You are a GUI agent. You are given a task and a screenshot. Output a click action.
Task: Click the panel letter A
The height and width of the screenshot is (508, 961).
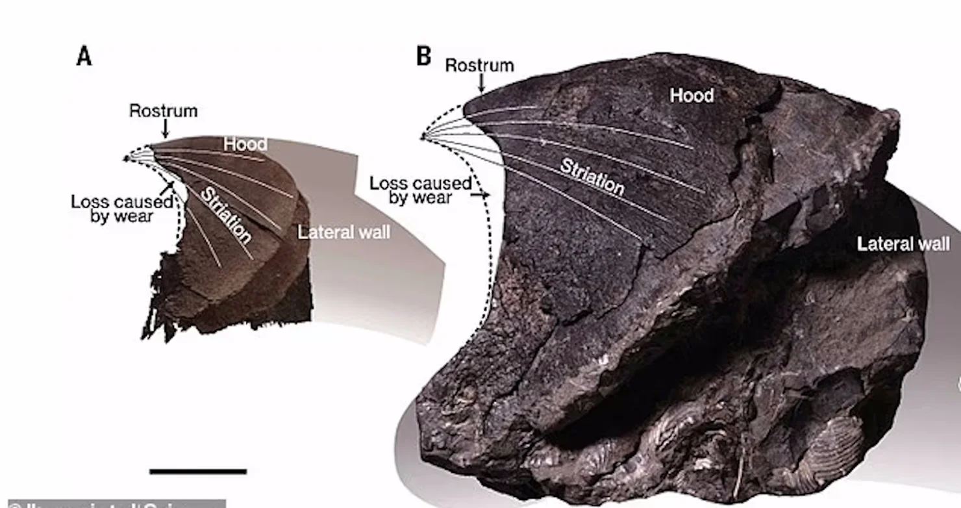(84, 57)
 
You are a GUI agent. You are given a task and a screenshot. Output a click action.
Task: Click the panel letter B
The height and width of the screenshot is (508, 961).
(423, 57)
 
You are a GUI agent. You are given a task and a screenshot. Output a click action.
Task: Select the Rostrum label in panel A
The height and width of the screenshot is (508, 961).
(163, 110)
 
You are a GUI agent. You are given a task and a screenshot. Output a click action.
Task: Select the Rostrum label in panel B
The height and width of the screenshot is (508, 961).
(479, 66)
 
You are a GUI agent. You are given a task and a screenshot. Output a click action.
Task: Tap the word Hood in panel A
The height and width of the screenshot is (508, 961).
(245, 144)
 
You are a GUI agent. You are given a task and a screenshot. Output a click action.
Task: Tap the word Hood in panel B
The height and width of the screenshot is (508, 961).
(692, 95)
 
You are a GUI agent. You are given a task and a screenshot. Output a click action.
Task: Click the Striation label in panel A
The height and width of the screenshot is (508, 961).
(225, 214)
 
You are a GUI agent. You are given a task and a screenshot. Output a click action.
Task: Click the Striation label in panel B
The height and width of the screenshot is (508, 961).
(592, 176)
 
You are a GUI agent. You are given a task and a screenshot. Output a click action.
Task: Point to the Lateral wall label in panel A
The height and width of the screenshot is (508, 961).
(344, 232)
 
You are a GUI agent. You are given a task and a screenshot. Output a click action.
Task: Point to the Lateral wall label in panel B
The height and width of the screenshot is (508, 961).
(903, 244)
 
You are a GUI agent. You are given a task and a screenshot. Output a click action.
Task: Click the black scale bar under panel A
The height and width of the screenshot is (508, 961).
(198, 471)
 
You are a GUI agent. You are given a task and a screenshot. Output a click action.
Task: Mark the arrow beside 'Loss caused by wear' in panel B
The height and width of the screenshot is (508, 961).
(482, 194)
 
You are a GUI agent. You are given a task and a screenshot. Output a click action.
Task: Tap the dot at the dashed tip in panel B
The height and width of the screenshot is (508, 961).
(422, 137)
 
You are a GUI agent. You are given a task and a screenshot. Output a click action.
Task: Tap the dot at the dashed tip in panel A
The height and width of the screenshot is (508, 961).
(127, 158)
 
